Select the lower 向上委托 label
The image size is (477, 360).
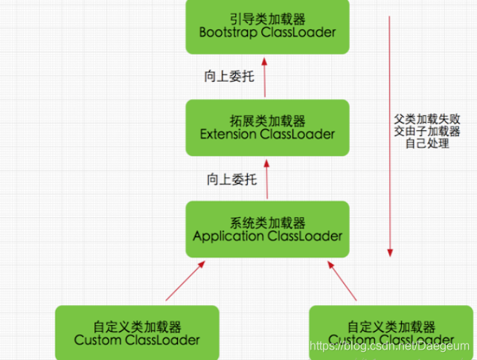pos(231,179)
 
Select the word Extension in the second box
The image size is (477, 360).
pos(234,135)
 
